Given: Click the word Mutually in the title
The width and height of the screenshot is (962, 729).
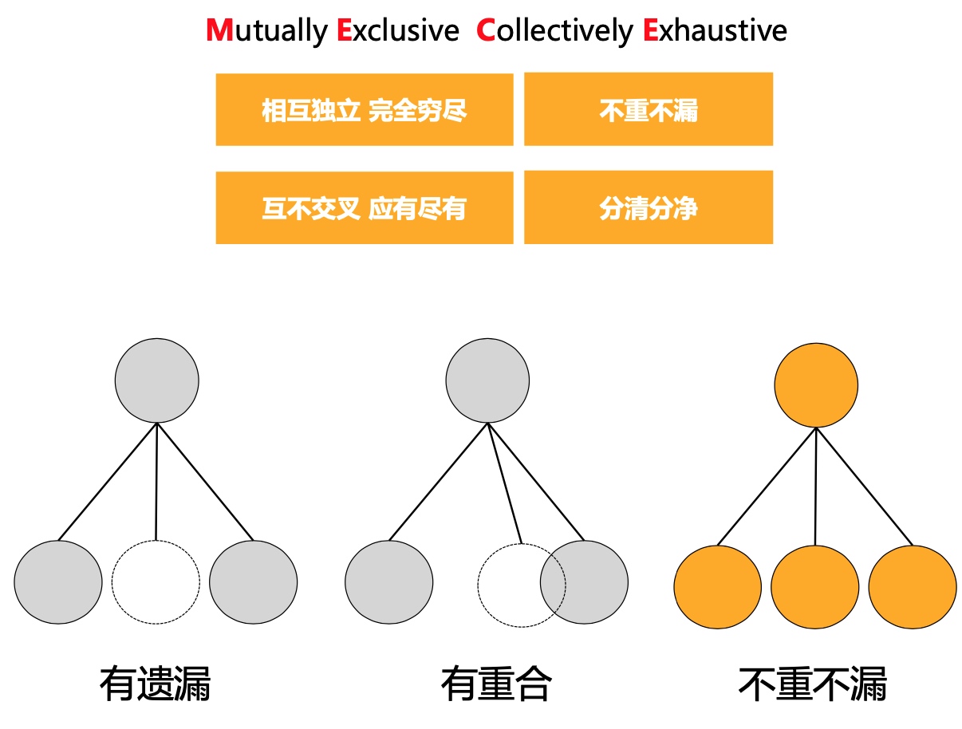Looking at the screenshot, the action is [x=266, y=30].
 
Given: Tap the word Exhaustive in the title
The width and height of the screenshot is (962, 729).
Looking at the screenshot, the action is [x=715, y=30].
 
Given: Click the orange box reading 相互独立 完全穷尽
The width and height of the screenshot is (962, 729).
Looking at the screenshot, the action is [x=364, y=109].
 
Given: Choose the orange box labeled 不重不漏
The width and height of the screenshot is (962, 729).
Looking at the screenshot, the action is [x=648, y=109].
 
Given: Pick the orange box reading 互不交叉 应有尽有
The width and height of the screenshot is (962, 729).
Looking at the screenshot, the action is [x=364, y=207].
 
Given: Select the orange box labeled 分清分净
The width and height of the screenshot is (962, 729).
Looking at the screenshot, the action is [x=648, y=207].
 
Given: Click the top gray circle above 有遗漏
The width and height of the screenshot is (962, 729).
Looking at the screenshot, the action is [x=156, y=380].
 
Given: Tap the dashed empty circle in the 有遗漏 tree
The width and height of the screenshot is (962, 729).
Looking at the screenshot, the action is [x=156, y=582].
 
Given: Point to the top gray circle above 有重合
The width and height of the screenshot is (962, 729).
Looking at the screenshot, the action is [x=487, y=380].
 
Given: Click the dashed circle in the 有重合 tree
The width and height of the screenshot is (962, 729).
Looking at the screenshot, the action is [x=511, y=586].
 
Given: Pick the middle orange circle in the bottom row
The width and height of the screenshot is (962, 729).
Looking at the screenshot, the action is [x=814, y=587].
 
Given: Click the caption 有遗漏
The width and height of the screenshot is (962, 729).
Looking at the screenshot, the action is [x=155, y=684].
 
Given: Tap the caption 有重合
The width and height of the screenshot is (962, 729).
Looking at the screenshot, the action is [x=495, y=684].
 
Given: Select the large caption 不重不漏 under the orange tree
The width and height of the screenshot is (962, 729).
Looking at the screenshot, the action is [x=812, y=684].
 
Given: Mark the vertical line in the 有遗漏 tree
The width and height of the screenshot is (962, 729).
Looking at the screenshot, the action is [x=156, y=483].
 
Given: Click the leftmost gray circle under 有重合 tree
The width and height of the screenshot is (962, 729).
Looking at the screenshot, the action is [x=389, y=582].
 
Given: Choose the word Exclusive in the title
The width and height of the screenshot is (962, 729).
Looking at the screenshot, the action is [x=397, y=30].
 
